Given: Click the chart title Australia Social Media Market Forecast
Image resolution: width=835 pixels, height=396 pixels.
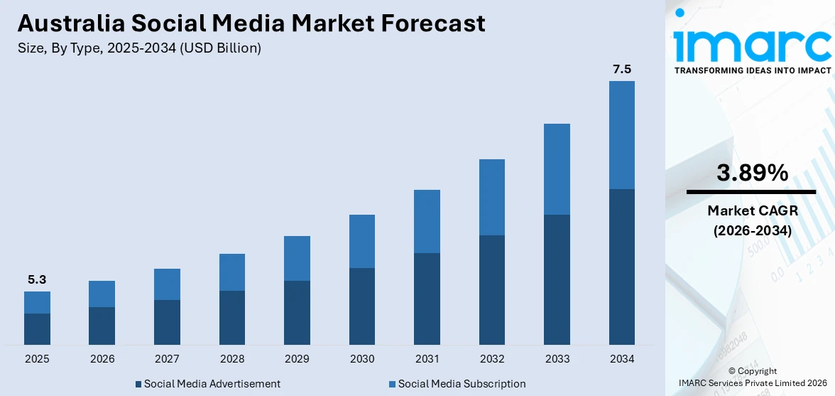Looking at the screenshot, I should pos(251,23).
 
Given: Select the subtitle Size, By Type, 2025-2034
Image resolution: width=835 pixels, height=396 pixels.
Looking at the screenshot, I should pos(139,48).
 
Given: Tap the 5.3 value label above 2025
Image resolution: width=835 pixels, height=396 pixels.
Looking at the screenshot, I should pos(37,279).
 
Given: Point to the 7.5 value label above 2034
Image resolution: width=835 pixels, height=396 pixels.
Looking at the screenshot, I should pos(622,69).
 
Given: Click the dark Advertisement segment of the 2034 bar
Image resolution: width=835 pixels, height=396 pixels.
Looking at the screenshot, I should pos(622,267).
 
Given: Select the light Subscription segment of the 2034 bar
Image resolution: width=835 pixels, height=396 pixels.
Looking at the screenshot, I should pos(622,135).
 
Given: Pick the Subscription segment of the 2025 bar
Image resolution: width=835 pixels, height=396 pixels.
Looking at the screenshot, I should pos(37,302).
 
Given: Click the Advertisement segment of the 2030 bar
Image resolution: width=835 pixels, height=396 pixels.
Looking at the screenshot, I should pos(362,306).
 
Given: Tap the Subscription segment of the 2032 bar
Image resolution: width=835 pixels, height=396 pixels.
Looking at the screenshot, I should pos(492,197).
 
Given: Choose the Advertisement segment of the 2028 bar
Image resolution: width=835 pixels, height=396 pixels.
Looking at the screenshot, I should pos(232,318).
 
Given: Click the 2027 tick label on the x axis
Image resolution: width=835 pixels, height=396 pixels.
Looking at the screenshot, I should pos(167,359).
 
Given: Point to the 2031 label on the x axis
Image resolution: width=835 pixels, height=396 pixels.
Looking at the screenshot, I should pos(427,359).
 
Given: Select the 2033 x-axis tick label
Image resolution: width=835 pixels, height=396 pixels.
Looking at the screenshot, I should pos(557,359).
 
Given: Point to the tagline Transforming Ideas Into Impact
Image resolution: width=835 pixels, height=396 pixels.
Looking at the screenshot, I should pos(752,70).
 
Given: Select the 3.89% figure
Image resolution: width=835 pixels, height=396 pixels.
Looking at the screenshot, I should pos(752,173).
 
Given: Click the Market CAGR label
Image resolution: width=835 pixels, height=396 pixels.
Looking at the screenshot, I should pos(752,210).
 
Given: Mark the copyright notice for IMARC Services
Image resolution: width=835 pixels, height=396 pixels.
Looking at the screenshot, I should pos(752,377).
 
